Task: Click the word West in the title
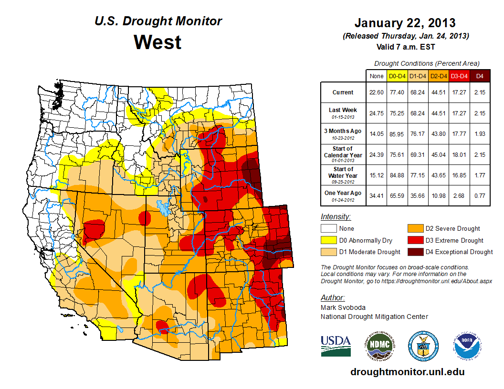coord(157,42)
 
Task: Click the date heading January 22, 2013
coord(405,23)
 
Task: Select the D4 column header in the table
coord(480,75)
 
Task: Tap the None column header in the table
coord(376,75)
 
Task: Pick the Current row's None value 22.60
coord(376,92)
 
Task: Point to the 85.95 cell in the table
coord(397,133)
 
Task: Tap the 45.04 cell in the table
coord(439,154)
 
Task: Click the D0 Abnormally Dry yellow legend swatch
coord(327,240)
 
